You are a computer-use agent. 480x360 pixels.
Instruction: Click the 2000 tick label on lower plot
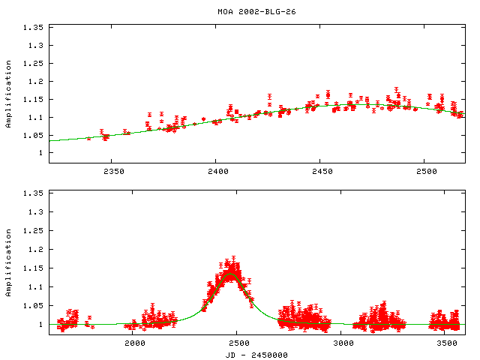(135, 343)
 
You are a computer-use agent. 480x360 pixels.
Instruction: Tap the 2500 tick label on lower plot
(239, 343)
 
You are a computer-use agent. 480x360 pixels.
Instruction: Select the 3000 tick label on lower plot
(343, 343)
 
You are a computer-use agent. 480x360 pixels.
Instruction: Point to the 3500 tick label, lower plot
(448, 343)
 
